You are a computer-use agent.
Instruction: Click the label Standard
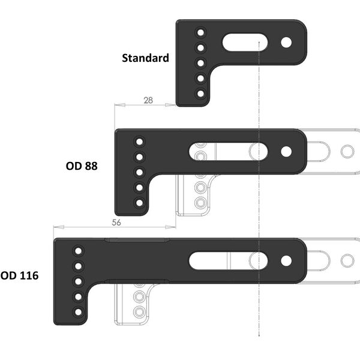145,58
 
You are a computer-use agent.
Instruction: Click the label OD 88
82,164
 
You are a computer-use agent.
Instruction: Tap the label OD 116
19,276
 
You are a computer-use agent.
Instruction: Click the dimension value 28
148,100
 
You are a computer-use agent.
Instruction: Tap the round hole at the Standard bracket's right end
286,43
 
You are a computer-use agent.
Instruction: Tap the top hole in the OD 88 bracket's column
140,142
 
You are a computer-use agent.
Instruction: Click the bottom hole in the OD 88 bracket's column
140,203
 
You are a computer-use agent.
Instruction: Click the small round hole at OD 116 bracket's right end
286,260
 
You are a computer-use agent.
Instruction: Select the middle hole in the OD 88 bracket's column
140,173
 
